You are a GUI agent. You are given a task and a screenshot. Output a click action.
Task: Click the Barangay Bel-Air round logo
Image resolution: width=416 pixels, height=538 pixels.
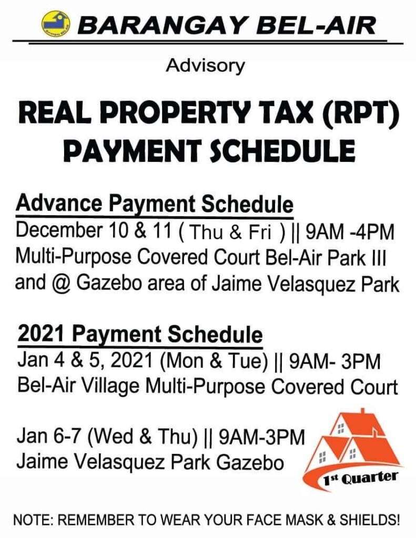(56, 24)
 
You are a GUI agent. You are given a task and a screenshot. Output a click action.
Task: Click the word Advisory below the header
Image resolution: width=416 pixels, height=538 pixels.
(205, 66)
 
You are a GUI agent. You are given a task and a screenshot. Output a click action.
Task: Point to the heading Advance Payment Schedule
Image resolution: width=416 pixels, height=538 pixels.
(155, 204)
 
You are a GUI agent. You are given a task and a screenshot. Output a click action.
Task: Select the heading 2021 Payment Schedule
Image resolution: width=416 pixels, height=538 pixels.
(140, 335)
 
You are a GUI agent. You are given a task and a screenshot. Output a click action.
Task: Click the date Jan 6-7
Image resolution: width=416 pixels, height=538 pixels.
(48, 437)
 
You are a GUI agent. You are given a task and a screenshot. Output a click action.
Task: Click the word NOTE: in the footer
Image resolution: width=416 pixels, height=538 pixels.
(33, 520)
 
